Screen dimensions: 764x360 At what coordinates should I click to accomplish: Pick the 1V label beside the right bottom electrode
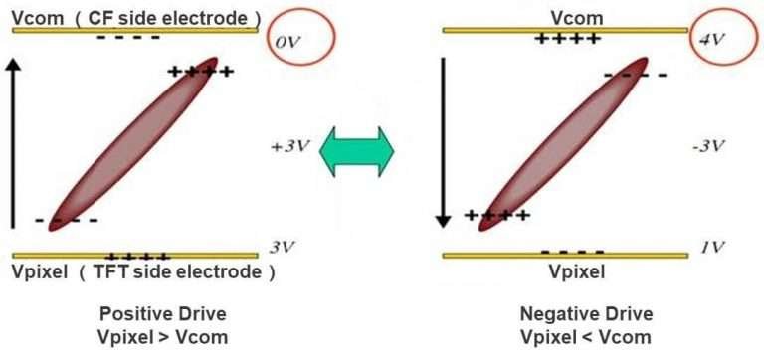pyautogui.click(x=710, y=248)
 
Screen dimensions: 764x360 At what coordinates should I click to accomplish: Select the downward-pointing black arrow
pyautogui.click(x=445, y=139)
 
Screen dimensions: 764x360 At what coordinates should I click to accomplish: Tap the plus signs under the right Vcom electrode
pyautogui.click(x=567, y=39)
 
